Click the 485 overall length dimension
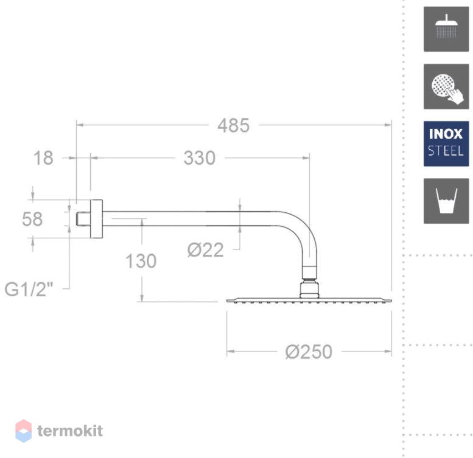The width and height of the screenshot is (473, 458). tap(234, 125)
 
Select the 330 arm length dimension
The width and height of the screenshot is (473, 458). tap(200, 158)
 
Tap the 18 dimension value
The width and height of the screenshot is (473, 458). tap(43, 158)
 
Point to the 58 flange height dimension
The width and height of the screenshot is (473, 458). tap(32, 219)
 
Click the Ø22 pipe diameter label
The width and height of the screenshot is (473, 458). tap(205, 250)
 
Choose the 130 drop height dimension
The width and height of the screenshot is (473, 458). tap(141, 261)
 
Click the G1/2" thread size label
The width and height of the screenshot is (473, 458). tap(29, 290)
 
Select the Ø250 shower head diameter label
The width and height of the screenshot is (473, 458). tap(309, 352)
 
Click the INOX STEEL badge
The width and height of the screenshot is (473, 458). tap(446, 144)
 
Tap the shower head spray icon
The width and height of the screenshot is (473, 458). tap(446, 29)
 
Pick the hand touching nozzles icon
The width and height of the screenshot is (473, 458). tap(446, 86)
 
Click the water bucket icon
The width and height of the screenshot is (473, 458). tap(446, 201)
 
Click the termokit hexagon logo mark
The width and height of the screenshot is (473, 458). tap(24, 431)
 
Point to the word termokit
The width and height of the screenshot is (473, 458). tap(70, 431)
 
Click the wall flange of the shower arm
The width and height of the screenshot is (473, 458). tap(96, 219)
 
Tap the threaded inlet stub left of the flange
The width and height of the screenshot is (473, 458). tap(83, 219)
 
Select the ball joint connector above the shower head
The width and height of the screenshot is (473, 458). tap(309, 289)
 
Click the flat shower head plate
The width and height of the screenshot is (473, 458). tap(309, 300)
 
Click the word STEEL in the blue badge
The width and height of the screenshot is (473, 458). tap(446, 151)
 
